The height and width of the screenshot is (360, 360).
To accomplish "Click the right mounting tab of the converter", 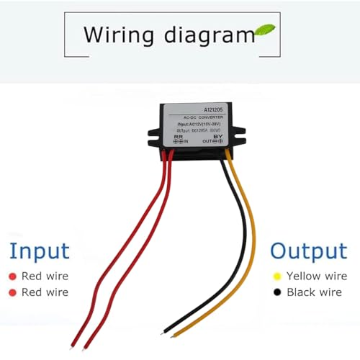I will tap(239, 132).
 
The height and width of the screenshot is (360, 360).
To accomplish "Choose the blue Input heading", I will tap(40, 251).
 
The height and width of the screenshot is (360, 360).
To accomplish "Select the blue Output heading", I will tap(308, 251).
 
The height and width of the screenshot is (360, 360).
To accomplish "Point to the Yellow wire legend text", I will tap(317, 276).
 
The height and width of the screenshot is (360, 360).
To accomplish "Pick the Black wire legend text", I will tap(314, 292).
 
